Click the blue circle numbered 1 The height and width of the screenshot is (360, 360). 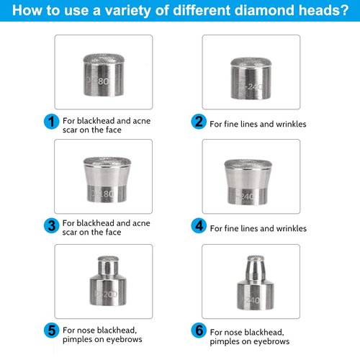pyautogui.click(x=50, y=122)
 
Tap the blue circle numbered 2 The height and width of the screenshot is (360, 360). pyautogui.click(x=198, y=122)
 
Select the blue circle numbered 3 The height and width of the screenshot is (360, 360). pyautogui.click(x=50, y=225)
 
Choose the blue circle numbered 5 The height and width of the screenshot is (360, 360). pyautogui.click(x=50, y=330)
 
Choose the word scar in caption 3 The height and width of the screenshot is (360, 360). pyautogui.click(x=74, y=233)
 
